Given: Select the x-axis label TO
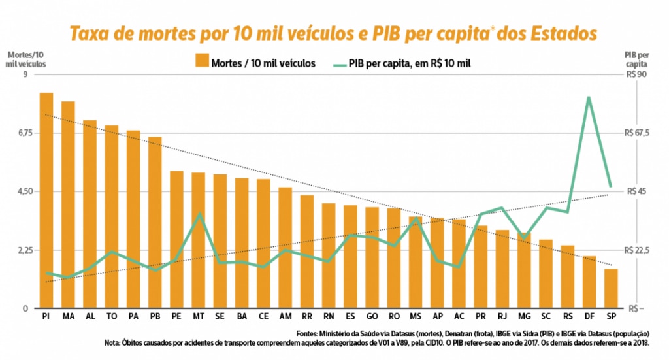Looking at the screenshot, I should coord(112,316).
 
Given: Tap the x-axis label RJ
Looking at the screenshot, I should coord(502,316).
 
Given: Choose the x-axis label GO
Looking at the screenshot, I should coord(372,316).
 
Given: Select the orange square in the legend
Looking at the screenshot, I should coord(201,63).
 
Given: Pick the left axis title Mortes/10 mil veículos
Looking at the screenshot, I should coord(25,59).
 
